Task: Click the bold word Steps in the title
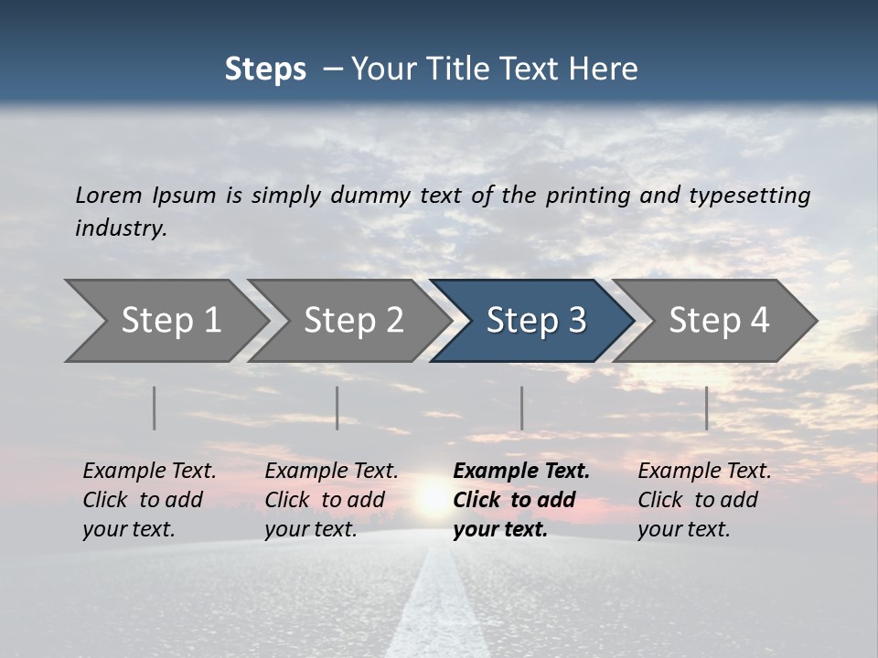pos(265,69)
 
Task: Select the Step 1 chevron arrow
pos(169,321)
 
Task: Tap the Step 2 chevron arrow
pos(352,321)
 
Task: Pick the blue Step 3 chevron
pos(535,321)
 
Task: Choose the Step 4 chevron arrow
pos(718,321)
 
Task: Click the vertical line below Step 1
pos(155,408)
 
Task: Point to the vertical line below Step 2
pos(337,408)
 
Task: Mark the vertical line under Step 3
pos(522,408)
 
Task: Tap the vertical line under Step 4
pos(707,408)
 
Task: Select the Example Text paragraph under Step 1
pos(149,500)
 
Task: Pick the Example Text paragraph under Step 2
pos(331,500)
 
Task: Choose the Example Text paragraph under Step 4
pos(704,500)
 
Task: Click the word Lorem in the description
pos(108,196)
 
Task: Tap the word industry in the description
pos(121,228)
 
